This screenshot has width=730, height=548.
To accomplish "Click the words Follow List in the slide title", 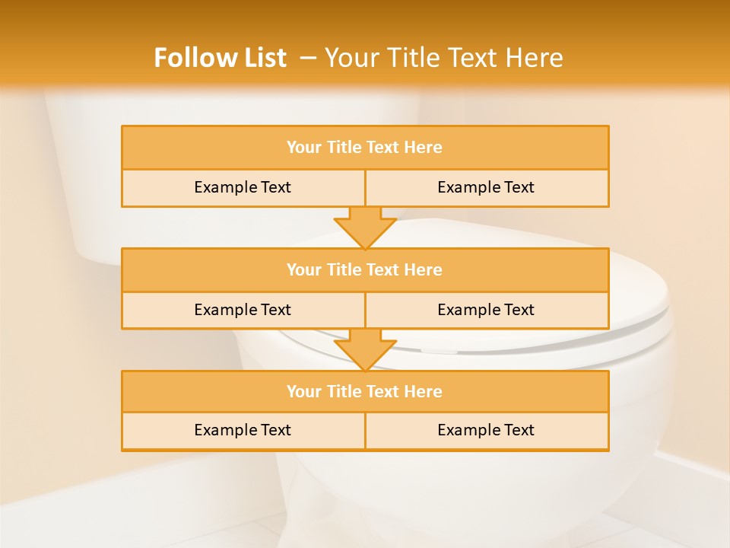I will tap(220, 58).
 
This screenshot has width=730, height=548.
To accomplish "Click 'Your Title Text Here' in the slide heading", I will tap(443, 58).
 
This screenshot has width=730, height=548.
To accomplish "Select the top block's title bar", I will tap(365, 148).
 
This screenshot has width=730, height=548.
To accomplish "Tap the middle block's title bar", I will tap(365, 269).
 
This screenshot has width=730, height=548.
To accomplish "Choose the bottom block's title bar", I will tap(365, 391).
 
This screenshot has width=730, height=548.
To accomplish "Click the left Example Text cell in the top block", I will tap(243, 187).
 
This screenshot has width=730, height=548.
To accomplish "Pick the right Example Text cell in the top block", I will tap(486, 187).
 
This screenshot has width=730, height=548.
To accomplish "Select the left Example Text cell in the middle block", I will tap(243, 310).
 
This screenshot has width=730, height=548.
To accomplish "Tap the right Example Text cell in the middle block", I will tap(486, 310).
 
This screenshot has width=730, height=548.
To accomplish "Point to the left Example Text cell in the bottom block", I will tap(243, 430).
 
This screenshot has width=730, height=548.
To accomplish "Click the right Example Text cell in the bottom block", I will tap(486, 430).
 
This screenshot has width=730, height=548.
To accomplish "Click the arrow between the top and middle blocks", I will tap(365, 227).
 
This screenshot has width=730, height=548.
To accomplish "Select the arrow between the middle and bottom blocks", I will tap(365, 349).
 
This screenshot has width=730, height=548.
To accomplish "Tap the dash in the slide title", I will tap(308, 58).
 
